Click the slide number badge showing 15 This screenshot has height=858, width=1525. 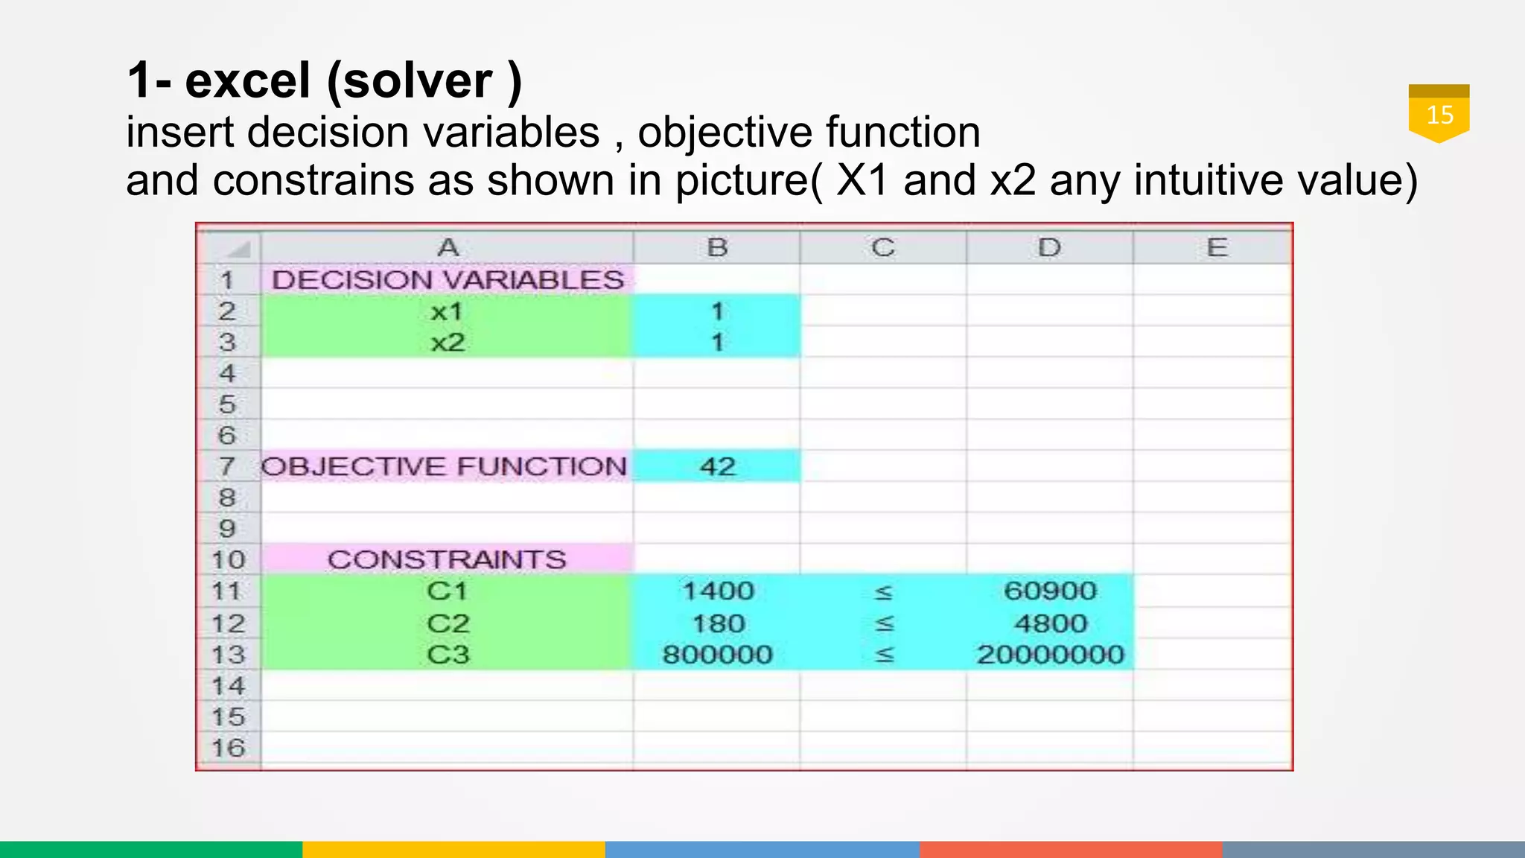[1439, 114]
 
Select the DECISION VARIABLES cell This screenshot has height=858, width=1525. [448, 280]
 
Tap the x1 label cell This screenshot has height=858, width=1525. [447, 311]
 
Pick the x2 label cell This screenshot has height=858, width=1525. [447, 343]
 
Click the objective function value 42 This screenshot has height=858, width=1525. [717, 466]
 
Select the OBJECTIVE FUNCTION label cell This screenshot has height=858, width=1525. [445, 466]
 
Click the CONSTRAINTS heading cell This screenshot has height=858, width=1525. [447, 559]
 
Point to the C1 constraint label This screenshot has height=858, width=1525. [447, 591]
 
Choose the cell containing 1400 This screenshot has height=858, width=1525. [718, 591]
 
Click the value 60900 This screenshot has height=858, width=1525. [1050, 591]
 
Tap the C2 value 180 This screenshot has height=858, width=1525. [718, 623]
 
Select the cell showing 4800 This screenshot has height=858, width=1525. [1050, 623]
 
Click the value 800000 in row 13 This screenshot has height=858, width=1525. [718, 655]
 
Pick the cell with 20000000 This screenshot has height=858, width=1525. [1050, 655]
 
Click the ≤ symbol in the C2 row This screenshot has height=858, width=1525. [884, 623]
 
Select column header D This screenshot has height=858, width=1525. [1049, 247]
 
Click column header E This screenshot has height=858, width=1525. [1216, 247]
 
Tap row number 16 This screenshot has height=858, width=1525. [229, 748]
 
